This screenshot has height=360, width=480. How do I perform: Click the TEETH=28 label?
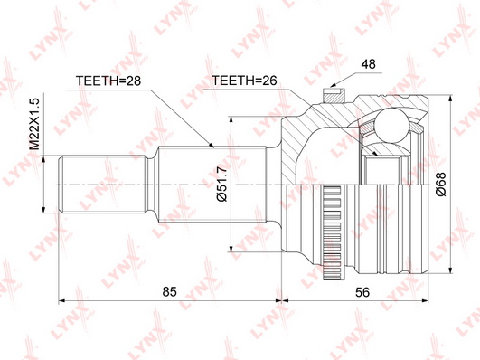click(108, 81)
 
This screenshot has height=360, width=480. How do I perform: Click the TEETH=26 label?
click(244, 81)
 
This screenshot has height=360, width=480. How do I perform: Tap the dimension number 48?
click(368, 64)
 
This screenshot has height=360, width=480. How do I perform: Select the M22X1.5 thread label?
click(34, 124)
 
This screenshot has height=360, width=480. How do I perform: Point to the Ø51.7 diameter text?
click(221, 184)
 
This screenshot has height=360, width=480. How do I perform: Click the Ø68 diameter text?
click(441, 185)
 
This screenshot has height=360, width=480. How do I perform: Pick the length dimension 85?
click(170, 291)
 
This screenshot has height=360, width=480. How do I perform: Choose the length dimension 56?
click(362, 292)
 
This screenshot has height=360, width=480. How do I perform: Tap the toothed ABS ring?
click(332, 232)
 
